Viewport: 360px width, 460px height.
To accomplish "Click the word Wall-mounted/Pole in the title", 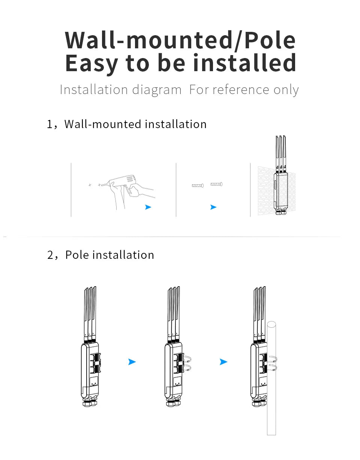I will click(x=180, y=40).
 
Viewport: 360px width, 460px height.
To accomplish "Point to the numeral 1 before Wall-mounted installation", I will click(x=49, y=124).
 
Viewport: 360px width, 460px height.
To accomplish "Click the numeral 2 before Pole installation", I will click(x=50, y=255).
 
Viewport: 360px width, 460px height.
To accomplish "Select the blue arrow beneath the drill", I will click(x=148, y=207).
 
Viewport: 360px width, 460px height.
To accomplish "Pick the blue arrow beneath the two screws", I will click(x=213, y=207).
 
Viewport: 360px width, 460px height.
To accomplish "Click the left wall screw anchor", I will click(x=198, y=185).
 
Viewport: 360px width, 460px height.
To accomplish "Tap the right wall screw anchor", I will click(x=216, y=184).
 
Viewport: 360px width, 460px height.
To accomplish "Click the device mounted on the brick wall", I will click(x=281, y=191).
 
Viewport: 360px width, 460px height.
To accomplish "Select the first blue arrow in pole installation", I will click(x=132, y=362).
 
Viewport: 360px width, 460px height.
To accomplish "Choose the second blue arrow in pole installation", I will click(x=223, y=362).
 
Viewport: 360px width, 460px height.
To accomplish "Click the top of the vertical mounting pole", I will click(x=271, y=323).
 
